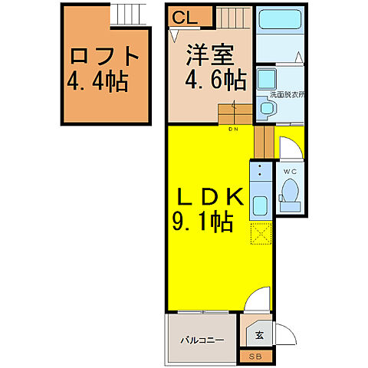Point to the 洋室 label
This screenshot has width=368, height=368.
(x=209, y=55)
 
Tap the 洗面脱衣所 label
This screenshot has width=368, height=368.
(x=287, y=96)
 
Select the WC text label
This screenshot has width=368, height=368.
(x=290, y=170)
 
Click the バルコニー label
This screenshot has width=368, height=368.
(x=202, y=338)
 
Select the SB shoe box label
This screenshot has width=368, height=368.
(x=255, y=356)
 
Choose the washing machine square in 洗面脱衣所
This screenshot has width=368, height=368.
(x=267, y=80)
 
